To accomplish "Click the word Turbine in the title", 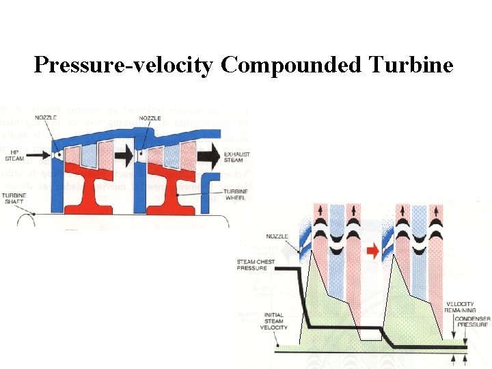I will tap(411, 65).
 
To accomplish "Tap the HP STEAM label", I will tap(14, 156).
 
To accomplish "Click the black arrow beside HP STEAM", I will tap(40, 155).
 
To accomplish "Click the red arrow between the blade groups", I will tap(372, 251).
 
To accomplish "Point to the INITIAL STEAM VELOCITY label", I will tap(274, 321).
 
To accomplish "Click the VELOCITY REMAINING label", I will tap(461, 307).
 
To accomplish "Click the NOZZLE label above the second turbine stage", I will tap(150, 118).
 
